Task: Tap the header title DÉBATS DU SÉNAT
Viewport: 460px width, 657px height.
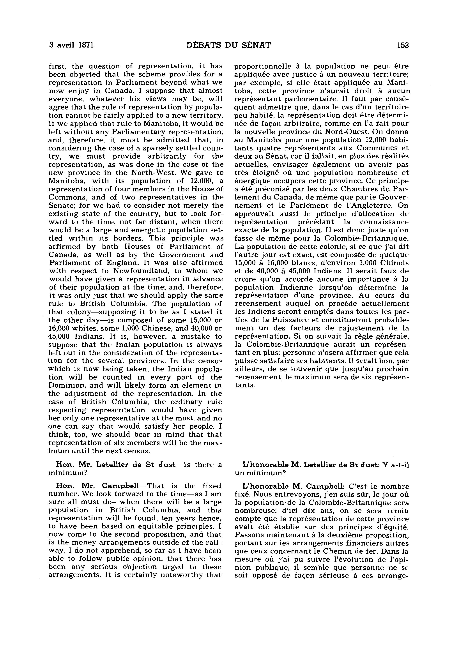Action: point(228,45)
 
